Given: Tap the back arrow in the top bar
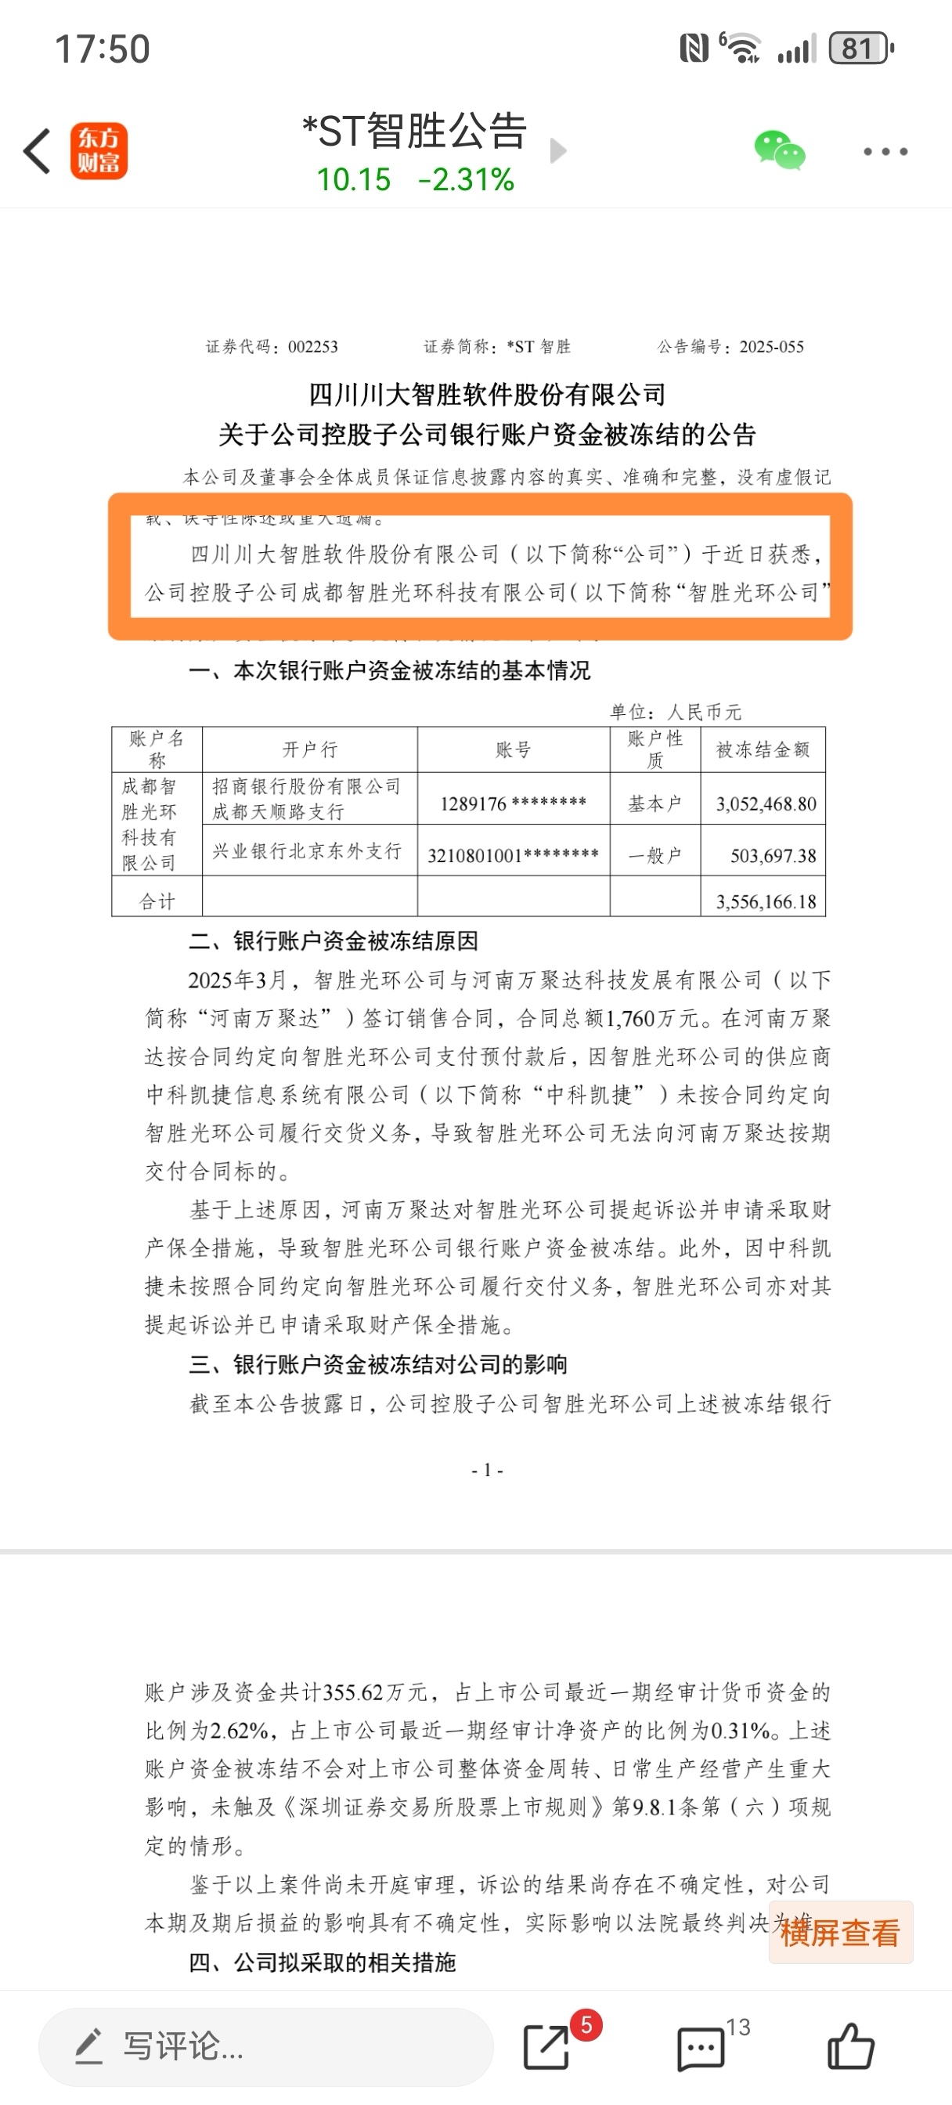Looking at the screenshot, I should [x=38, y=151].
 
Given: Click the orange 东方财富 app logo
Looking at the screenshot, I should [x=99, y=151].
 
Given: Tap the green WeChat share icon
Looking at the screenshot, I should [x=779, y=150].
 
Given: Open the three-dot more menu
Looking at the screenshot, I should [x=885, y=151].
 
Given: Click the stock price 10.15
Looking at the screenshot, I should [x=354, y=180].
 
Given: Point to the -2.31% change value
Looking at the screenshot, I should [x=466, y=180].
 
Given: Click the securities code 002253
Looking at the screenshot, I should [x=313, y=347].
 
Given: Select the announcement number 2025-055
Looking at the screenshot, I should [x=771, y=347].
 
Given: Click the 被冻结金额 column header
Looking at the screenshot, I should [x=763, y=749].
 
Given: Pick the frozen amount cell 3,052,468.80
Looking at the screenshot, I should [x=766, y=804].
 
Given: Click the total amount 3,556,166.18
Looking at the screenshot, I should [x=766, y=902].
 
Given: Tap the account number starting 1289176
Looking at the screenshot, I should [x=513, y=804].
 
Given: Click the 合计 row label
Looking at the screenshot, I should [x=157, y=901].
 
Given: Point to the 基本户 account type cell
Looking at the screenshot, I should [x=654, y=804].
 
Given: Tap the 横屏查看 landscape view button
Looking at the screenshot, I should [x=840, y=1933].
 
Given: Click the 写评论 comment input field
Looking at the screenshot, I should [x=265, y=2047].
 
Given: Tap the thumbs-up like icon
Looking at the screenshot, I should [x=851, y=2047].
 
